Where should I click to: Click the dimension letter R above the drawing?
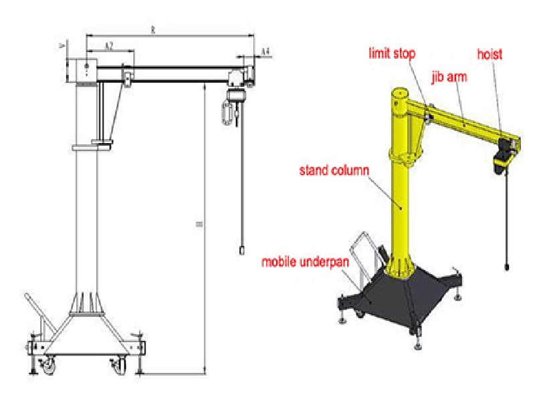click(153, 29)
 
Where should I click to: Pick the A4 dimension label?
click(265, 51)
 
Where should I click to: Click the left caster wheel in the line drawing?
click(49, 366)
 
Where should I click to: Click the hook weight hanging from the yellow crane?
click(506, 267)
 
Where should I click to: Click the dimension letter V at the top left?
click(62, 47)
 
